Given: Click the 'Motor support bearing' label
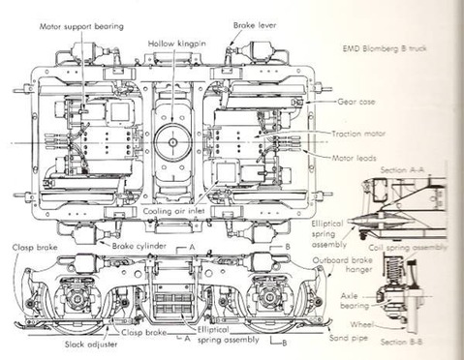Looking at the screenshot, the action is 81,26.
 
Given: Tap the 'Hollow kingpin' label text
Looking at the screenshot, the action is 177,44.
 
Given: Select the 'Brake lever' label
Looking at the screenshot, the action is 255,25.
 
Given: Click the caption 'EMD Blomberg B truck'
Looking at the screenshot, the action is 385,48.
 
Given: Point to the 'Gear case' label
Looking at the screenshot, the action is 356,102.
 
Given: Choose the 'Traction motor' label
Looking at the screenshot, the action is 358,134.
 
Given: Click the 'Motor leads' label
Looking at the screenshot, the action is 354,158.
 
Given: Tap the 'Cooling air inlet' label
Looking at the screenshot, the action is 173,211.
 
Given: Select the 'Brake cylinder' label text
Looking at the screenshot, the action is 139,246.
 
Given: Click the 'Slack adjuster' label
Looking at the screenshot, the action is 91,345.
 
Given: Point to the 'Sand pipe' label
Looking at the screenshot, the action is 349,338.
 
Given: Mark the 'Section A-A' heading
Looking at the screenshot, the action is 402,170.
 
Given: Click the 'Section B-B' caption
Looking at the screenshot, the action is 401,342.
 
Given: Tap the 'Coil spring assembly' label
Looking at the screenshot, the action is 408,248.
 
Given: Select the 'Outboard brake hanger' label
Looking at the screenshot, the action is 342,265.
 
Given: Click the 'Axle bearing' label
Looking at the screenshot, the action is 355,301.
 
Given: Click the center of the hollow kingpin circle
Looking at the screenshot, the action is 173,142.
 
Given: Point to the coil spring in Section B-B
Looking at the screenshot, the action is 393,267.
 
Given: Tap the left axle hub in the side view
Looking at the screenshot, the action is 77,299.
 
